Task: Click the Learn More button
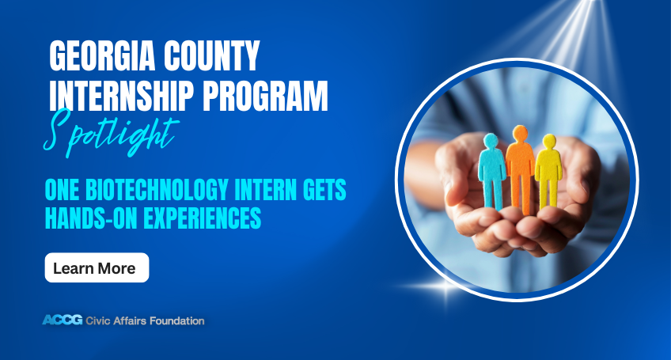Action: coord(97,267)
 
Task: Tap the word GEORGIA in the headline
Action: coord(101,55)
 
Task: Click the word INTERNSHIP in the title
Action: coord(122,96)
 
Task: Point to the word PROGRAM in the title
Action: coord(265,96)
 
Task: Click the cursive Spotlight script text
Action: coord(111,133)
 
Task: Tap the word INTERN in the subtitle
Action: coord(265,190)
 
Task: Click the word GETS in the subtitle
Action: coord(324,190)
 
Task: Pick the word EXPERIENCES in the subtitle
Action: coord(202,218)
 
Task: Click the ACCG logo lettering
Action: coord(63,320)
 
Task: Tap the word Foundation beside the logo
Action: coord(176,320)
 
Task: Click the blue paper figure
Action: coord(491,171)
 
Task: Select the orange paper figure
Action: coord(520,169)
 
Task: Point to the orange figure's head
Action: coord(520,133)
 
